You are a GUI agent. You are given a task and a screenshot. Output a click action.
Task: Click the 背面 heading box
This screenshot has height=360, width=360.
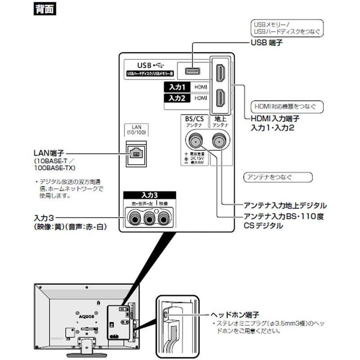pos(45,9)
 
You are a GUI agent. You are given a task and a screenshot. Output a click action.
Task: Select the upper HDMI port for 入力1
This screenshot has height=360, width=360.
pos(220,72)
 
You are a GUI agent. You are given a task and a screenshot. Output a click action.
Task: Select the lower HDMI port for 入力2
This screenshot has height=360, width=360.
pos(220,98)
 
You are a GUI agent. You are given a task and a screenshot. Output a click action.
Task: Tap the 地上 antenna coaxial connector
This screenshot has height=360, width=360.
pos(219,140)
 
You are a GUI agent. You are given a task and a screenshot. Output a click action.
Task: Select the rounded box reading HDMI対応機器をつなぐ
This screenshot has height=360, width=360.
pos(282,107)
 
